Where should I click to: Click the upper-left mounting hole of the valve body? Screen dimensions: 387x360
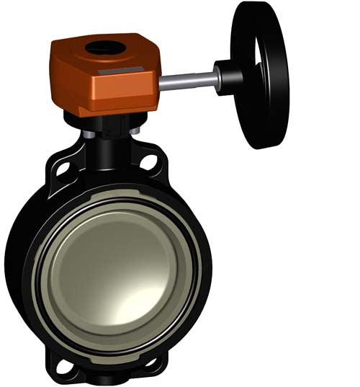[x=63, y=169]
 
